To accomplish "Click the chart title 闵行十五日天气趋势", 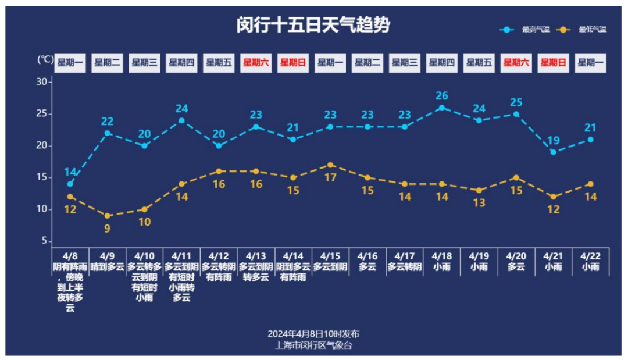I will (313, 26).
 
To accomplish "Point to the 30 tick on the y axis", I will (42, 82).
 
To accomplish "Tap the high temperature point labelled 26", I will (442, 108).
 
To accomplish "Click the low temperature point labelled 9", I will (107, 216).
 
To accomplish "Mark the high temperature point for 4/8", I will (70, 184).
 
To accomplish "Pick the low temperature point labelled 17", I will (330, 165).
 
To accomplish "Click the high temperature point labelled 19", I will (554, 152).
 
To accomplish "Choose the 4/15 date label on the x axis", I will (330, 256).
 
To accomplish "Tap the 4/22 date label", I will (590, 256).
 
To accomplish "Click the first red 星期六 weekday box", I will (256, 63).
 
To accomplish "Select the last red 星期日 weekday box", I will (554, 63).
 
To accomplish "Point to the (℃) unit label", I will (45, 59).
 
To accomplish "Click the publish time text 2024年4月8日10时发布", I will (313, 334).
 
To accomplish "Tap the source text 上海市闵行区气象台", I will (313, 345).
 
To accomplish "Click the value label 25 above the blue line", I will (516, 103).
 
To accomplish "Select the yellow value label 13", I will (479, 203).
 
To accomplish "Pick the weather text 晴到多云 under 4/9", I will (107, 267).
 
